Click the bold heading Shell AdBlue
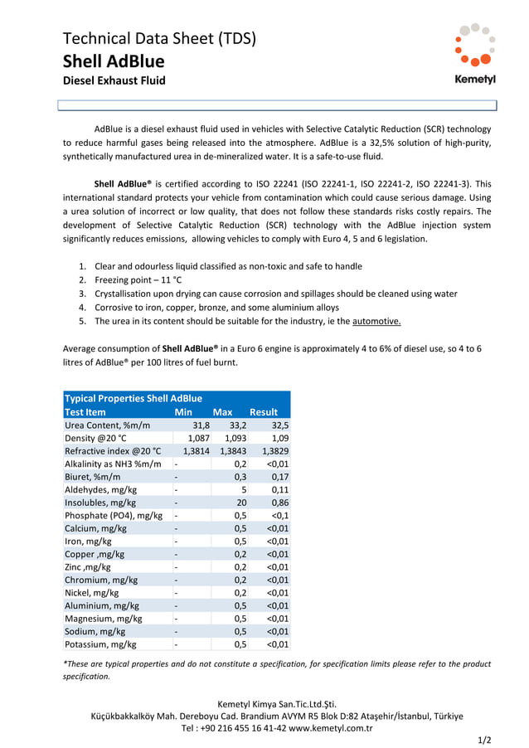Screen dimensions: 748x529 (114, 61)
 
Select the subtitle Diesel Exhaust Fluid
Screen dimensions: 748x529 (114, 80)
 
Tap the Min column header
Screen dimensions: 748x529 (183, 411)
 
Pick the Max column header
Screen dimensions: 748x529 (222, 411)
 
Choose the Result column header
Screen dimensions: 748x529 (264, 411)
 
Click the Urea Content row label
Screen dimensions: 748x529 (108, 425)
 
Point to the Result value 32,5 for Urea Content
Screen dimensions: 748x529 (279, 425)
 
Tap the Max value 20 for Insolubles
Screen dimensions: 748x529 (241, 502)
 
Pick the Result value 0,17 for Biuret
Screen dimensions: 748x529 (279, 476)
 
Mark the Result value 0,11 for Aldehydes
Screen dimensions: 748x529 (279, 489)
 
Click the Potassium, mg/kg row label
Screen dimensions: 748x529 (100, 644)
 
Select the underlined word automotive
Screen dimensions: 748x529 (376, 321)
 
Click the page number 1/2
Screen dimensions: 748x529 (485, 739)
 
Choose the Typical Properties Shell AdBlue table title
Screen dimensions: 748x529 (133, 398)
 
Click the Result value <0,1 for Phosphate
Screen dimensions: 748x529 (280, 515)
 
